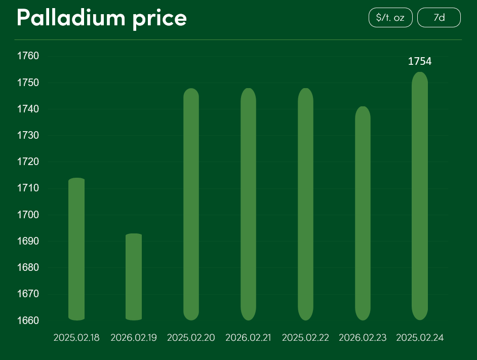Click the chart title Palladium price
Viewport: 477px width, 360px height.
tap(102, 18)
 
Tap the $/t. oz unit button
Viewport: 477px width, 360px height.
tap(390, 18)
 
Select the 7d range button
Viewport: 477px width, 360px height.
tap(439, 18)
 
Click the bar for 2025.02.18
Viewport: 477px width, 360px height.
tap(76, 249)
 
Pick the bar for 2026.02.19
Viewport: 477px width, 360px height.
tap(134, 277)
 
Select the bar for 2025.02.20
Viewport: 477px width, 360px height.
tap(191, 204)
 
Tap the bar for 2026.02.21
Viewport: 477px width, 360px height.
tap(248, 204)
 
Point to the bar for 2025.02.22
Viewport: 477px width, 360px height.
tap(305, 204)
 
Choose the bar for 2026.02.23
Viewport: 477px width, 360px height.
tap(363, 213)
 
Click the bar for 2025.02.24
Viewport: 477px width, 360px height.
tap(420, 196)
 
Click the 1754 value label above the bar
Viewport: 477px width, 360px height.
tap(420, 62)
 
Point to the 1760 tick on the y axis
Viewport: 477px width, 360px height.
tap(28, 56)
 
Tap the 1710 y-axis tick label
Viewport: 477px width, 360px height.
tap(28, 188)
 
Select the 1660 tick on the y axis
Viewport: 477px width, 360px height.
tap(28, 321)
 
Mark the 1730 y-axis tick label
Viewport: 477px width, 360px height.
tap(28, 135)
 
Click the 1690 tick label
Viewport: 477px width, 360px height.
tap(28, 241)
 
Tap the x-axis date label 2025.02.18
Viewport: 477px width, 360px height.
tap(76, 338)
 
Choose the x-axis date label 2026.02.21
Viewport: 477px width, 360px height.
tap(249, 338)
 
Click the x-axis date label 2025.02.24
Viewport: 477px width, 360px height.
tap(420, 338)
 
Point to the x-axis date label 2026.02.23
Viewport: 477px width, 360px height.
tap(363, 338)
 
